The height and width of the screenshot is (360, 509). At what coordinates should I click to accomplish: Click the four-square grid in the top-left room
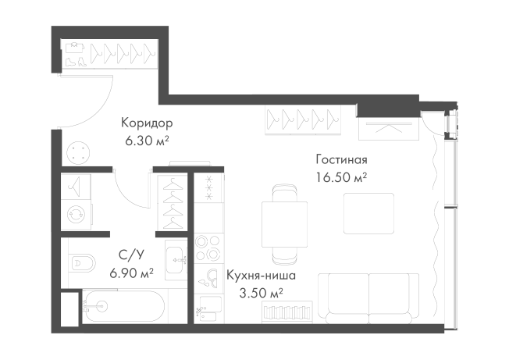click(146, 52)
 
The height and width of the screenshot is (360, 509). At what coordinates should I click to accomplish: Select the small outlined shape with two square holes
click(146, 134)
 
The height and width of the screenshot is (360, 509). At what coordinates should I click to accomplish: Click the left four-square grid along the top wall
click(284, 119)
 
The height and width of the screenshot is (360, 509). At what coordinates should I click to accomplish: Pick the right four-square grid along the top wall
click(329, 119)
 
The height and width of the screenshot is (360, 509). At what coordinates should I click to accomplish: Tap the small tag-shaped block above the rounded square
click(340, 168)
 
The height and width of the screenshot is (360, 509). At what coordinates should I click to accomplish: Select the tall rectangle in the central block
click(208, 218)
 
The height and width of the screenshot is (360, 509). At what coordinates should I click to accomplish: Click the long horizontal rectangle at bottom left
click(127, 305)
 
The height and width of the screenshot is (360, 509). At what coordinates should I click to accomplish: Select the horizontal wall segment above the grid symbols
click(297, 99)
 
